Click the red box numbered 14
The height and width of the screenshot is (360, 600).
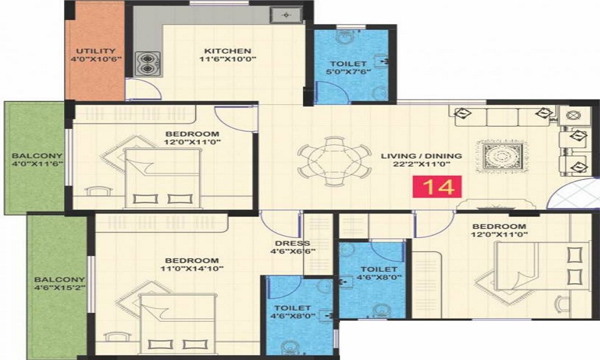(x=437, y=187)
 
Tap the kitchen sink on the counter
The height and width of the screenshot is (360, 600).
(x=286, y=16)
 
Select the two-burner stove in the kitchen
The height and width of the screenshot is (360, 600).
(x=148, y=64)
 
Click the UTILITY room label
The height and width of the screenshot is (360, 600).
(x=95, y=51)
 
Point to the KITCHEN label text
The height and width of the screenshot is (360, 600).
(x=227, y=51)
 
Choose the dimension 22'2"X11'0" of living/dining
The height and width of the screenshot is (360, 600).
(x=421, y=164)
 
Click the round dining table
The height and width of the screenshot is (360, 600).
(x=334, y=161)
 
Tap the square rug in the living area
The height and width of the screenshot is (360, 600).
(x=500, y=156)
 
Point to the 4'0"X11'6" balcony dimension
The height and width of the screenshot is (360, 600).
(x=37, y=164)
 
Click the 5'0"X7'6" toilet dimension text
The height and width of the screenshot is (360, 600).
(x=348, y=71)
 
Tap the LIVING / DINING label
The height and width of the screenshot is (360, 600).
(x=421, y=156)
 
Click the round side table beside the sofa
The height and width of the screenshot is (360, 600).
(x=573, y=115)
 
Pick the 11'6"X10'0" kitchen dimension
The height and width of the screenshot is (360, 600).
(x=227, y=59)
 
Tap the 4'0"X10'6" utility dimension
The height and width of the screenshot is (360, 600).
(x=95, y=59)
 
